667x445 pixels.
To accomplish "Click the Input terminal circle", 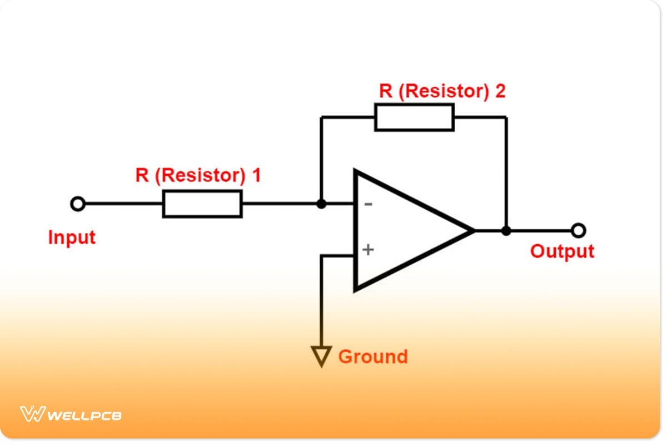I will point(78,204).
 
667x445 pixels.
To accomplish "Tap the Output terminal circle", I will point(579,230).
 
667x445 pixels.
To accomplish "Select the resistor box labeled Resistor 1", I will point(202,204).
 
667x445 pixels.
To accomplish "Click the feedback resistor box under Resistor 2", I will point(414,117).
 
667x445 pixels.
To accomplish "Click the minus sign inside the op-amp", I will point(368,205).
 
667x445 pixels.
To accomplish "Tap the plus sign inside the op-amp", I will point(368,250).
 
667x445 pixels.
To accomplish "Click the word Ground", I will point(372,356).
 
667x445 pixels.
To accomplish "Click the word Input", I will point(72,238).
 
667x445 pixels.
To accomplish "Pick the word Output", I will point(562,251).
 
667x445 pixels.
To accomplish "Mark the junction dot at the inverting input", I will point(321,204).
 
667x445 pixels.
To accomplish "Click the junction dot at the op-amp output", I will point(506,230).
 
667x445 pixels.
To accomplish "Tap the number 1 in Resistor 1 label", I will point(256,176).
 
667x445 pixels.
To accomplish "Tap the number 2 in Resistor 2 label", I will point(500,91).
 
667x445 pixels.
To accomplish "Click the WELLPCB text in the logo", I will point(85,415).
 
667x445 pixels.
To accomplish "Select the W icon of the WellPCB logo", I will point(32,414).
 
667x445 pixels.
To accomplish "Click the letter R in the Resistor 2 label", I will point(385,91).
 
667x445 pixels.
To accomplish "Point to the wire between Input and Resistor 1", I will point(122,204).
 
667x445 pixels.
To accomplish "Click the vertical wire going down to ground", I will point(321,300).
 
